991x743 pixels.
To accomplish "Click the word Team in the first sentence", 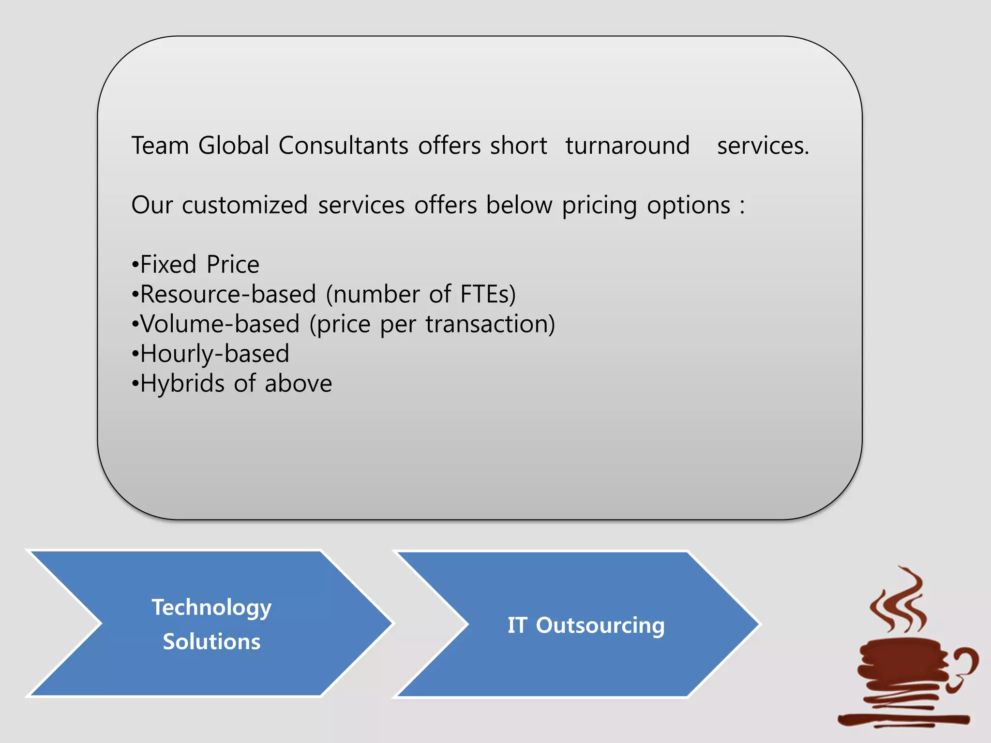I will (160, 146).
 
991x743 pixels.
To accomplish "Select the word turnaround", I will (627, 146).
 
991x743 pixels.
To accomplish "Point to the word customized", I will (244, 205).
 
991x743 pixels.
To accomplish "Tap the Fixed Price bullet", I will (195, 265).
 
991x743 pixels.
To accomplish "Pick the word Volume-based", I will (220, 324).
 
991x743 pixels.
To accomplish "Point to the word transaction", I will (490, 324).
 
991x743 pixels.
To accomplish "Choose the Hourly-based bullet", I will (210, 354).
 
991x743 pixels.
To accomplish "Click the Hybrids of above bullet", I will (232, 384).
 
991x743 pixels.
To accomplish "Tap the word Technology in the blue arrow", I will (211, 608).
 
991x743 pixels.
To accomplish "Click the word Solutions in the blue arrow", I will (211, 641).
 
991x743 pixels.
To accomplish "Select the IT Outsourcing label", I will (586, 625).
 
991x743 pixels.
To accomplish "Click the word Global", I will (233, 146).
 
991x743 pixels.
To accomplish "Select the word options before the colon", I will (689, 206).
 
